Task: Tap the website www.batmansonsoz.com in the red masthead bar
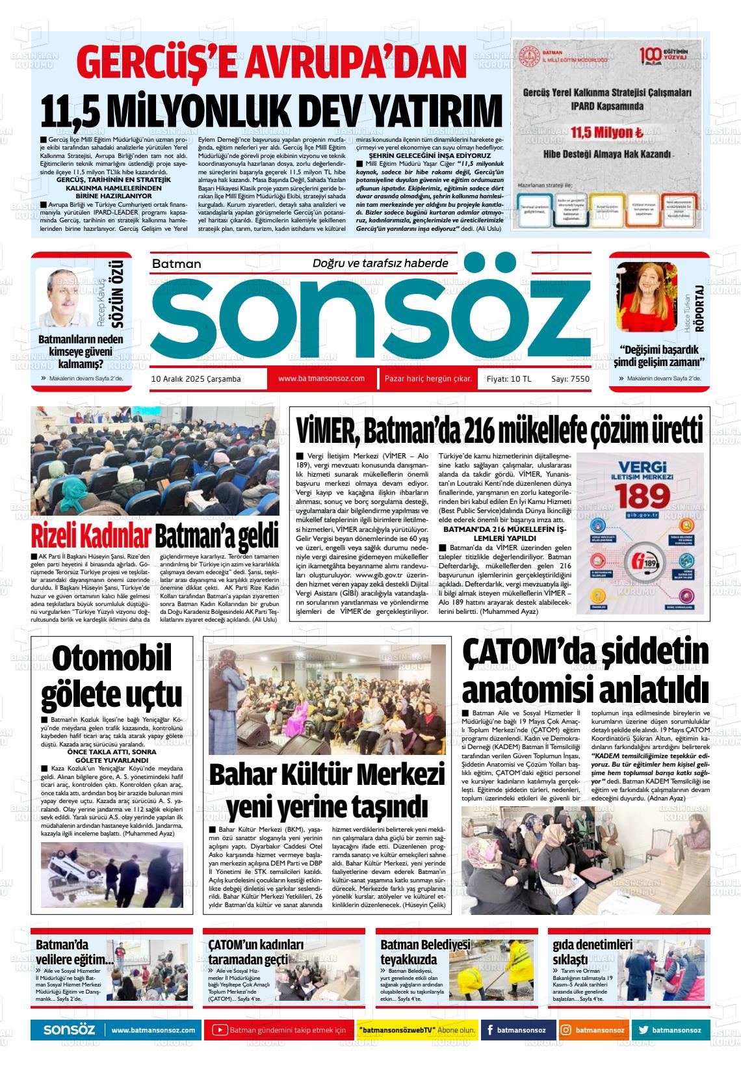point(321,378)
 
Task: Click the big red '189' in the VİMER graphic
point(640,497)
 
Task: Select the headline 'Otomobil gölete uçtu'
point(112,676)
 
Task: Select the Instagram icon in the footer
point(566,1030)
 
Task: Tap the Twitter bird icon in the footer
point(643,1030)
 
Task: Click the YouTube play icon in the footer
point(220,1030)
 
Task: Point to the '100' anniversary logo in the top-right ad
point(653,55)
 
